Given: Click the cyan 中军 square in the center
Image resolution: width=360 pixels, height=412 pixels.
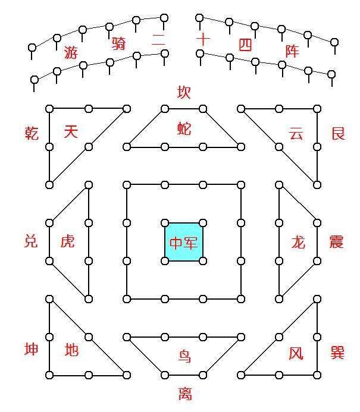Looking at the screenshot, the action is [x=183, y=242].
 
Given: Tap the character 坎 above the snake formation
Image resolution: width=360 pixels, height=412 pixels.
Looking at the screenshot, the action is [x=183, y=92].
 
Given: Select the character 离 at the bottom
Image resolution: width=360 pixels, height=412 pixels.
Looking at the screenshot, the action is [x=185, y=394].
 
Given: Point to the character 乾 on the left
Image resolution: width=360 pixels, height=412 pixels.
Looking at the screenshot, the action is [x=32, y=133].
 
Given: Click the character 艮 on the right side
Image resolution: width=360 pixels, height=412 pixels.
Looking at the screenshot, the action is [x=338, y=133].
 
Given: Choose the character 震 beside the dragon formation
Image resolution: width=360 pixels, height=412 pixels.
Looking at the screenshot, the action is [x=336, y=242].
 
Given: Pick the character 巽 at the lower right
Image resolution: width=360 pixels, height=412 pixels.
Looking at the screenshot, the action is [x=337, y=353].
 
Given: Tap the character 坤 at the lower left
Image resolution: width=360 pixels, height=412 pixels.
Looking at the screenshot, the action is [x=32, y=349].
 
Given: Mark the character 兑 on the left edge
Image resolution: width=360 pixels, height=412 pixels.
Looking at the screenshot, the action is [x=31, y=241].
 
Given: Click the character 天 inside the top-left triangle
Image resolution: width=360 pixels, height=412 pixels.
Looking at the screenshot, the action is [x=71, y=131].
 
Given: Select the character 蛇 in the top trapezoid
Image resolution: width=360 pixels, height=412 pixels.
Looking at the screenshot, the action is [x=184, y=129].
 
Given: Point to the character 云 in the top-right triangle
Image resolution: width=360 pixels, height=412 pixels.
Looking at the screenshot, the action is [x=296, y=133].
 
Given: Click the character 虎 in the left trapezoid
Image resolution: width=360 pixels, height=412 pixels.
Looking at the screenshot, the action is [x=68, y=241].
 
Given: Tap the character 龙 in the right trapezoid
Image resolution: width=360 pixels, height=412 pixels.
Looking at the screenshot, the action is [x=298, y=242].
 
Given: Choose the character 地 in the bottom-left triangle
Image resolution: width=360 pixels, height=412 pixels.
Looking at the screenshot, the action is [x=71, y=350].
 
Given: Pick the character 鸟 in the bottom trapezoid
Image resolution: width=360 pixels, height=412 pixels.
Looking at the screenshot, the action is [x=184, y=356].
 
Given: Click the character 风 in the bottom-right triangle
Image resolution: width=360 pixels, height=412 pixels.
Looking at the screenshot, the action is [x=296, y=353].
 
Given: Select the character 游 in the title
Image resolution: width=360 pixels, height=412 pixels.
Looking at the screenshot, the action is [x=71, y=52].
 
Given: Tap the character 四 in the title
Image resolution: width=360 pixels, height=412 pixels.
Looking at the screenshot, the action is [x=245, y=45].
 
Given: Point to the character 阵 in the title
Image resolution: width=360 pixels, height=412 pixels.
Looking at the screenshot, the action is [x=292, y=51].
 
